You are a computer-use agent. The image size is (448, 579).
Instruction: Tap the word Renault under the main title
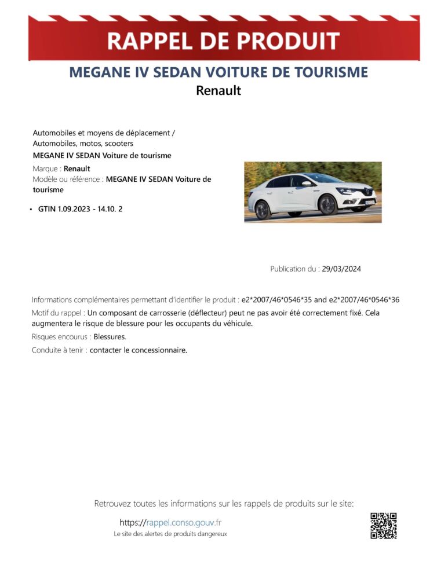click(218, 90)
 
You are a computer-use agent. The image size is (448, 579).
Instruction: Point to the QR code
click(383, 526)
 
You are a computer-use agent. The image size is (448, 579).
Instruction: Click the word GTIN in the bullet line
click(47, 208)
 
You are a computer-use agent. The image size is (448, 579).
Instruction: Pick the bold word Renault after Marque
click(77, 168)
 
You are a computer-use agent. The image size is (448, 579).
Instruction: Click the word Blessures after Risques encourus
click(110, 336)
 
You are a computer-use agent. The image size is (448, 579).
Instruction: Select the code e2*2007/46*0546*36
click(364, 299)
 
